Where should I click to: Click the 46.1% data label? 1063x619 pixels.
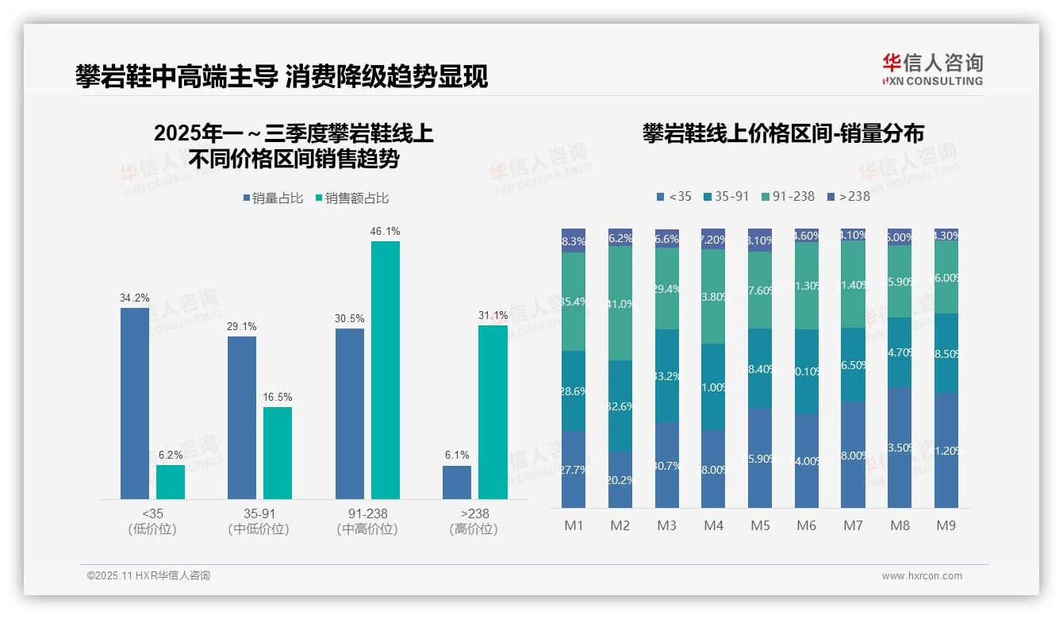385,232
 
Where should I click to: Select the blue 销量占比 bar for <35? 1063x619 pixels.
134,403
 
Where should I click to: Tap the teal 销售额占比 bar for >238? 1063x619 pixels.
493,412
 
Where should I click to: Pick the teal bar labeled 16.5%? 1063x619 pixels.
278,453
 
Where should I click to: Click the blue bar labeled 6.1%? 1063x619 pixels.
456,482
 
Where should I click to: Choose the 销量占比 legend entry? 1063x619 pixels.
273,198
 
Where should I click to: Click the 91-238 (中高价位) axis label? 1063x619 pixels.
366,521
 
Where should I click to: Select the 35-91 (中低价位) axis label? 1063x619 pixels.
259,521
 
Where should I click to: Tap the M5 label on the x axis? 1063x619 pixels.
760,525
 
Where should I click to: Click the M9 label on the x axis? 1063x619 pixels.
946,525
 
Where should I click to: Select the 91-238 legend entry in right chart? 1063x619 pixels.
787,196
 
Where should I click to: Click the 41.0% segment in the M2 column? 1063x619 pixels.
620,303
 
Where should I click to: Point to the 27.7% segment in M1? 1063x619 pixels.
573,469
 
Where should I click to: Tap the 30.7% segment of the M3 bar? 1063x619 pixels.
667,464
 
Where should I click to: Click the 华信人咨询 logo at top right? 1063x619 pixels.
932,69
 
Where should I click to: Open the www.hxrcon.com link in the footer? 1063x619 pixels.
921,576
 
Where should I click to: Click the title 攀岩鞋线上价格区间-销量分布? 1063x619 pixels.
783,133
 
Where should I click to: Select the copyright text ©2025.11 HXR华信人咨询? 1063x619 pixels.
148,576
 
